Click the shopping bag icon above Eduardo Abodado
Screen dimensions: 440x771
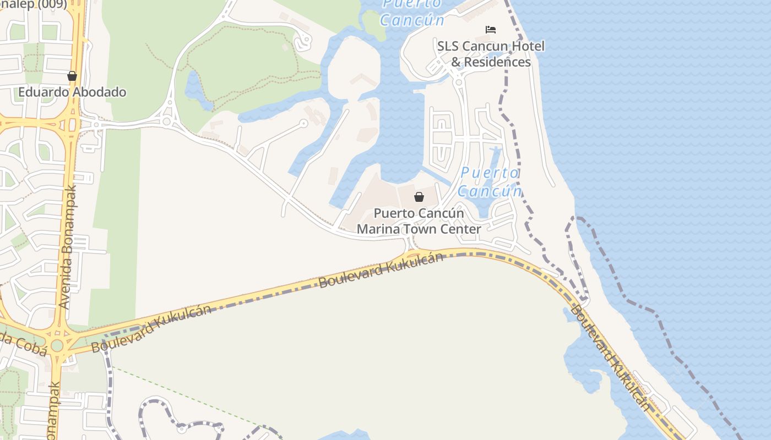point(72,76)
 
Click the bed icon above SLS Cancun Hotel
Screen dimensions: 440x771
point(490,30)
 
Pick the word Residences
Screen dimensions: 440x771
point(497,62)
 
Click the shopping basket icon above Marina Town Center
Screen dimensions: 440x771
point(419,197)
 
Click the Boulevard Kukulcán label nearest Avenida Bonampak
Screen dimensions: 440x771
point(151,328)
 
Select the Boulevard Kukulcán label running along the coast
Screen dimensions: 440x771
point(610,358)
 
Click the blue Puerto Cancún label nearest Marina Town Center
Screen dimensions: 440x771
point(490,182)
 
